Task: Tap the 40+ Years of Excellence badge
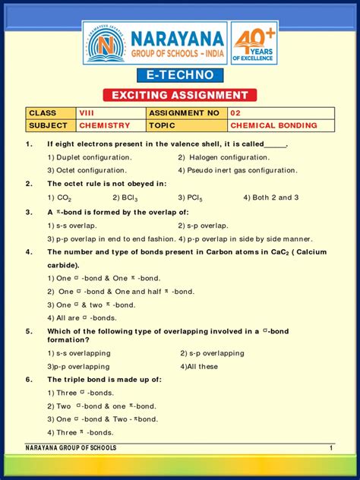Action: coord(254,43)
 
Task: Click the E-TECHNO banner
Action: coord(180,75)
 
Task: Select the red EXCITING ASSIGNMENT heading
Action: coord(180,95)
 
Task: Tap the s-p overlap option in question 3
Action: coord(203,226)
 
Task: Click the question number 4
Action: coord(28,252)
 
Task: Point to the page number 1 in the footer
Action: coord(331,448)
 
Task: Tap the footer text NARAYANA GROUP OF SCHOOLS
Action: coord(71,448)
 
